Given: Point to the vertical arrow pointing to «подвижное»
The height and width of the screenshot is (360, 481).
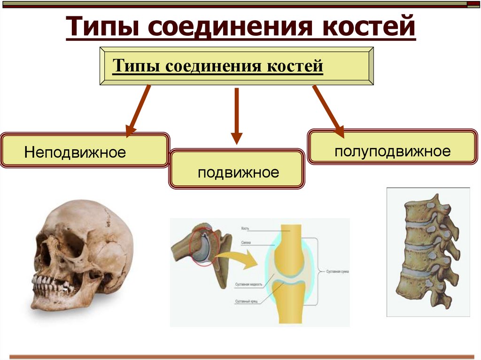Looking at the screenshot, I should click(x=237, y=115).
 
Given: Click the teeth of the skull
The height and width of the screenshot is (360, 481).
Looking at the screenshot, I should click(x=52, y=283).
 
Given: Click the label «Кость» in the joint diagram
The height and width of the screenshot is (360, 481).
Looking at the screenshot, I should click(x=245, y=229).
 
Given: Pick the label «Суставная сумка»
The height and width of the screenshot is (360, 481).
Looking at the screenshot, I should click(x=334, y=271).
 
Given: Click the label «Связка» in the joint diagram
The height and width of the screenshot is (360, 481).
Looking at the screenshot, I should click(x=245, y=243).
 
